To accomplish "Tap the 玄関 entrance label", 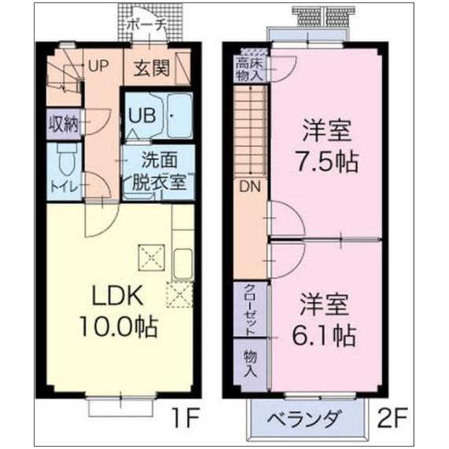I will point(150,68).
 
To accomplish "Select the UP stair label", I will point(98,66).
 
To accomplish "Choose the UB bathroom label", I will point(141,113).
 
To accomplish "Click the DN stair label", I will point(250,186).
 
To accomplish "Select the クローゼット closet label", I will point(249,309).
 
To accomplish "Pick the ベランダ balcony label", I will point(307,418).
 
